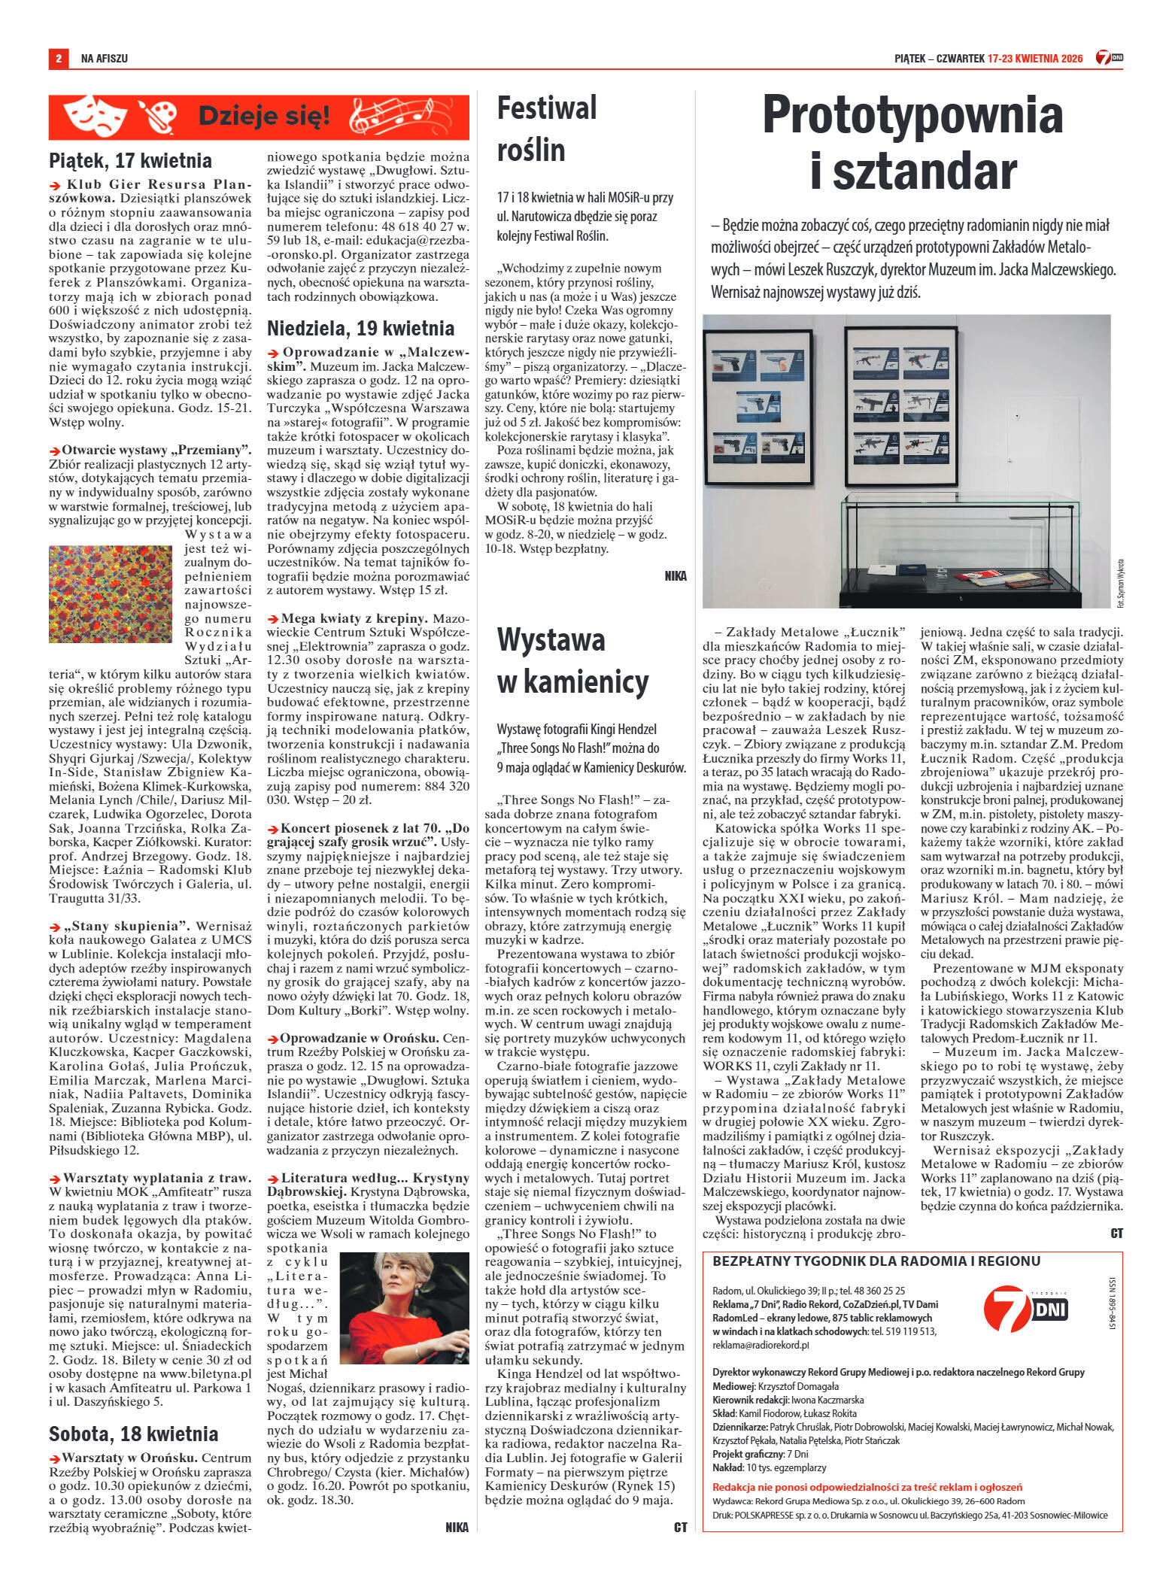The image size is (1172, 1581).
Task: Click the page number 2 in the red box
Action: coord(58,58)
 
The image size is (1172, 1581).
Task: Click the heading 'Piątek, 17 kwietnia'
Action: coord(130,160)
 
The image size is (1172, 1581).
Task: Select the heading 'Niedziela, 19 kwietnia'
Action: coord(360,328)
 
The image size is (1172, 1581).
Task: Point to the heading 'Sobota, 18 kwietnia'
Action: coord(133,1434)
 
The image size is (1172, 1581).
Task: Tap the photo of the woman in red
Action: coord(405,1308)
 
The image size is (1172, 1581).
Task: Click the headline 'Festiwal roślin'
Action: coord(546,129)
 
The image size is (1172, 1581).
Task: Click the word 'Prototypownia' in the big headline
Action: coord(912,115)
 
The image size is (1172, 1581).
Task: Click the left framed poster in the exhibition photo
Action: coord(758,408)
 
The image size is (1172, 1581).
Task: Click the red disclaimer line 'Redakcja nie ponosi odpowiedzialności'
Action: coord(867,1487)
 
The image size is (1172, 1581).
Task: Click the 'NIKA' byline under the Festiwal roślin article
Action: coord(675,576)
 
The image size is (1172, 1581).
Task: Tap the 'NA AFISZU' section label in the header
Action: coord(104,58)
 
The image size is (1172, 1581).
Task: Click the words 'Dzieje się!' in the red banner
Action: coord(263,116)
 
